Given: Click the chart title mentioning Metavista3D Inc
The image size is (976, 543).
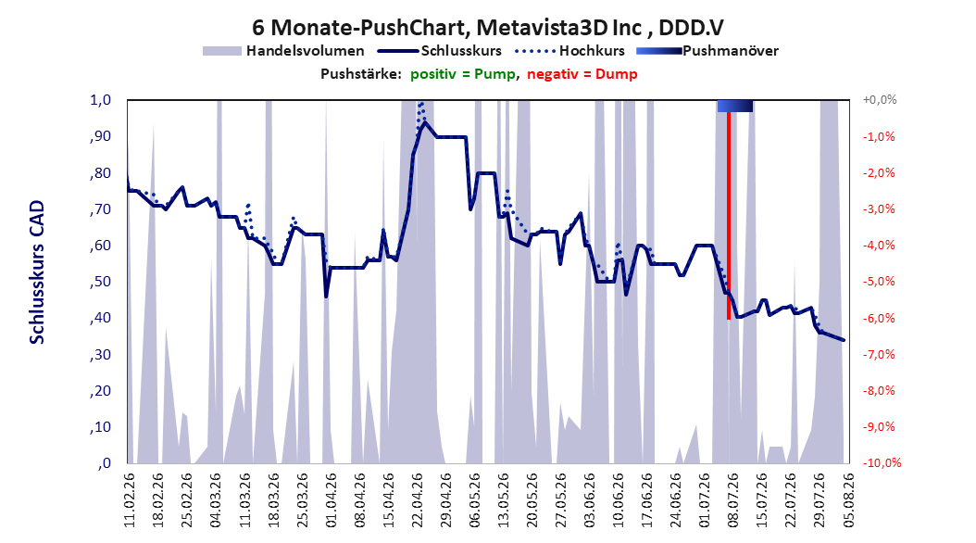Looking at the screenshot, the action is tap(487, 28).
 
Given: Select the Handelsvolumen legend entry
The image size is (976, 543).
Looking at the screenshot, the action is tap(283, 51).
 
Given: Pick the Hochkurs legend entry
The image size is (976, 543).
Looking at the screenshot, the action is tap(569, 51).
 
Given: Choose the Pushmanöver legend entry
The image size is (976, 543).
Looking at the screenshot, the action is tap(707, 51).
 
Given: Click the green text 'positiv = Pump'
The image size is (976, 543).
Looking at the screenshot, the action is tap(462, 74).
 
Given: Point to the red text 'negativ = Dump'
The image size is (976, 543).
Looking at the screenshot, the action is tap(582, 74).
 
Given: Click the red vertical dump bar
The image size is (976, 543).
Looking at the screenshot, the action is tap(728, 216).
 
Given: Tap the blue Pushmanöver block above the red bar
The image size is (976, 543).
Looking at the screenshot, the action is tap(735, 106).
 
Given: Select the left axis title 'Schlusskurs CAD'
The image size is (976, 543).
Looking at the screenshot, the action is tap(37, 272).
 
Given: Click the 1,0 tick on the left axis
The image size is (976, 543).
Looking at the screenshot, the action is tap(100, 100).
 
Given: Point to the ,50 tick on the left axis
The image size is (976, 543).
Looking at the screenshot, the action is tap(100, 282).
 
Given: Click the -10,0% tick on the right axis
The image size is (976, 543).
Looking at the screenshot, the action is tap(882, 462).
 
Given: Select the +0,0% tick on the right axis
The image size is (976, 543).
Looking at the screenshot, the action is tap(879, 100).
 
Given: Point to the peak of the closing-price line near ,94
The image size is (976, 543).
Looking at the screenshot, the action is tap(425, 122).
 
